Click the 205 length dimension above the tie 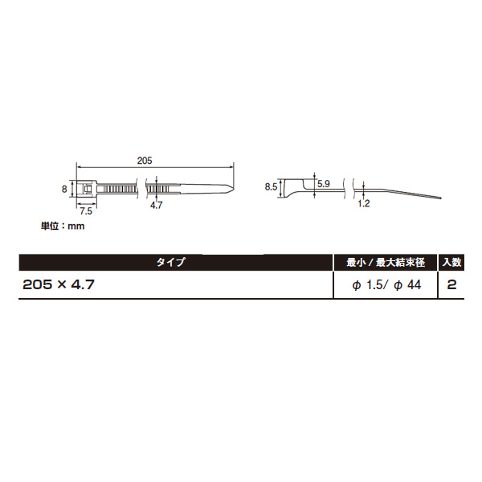[x=145, y=161]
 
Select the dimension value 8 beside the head [x=64, y=189]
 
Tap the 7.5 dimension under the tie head [x=86, y=211]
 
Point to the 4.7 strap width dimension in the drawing [x=156, y=205]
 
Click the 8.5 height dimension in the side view [x=272, y=186]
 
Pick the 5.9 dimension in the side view [x=324, y=184]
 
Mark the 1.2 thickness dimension [x=364, y=203]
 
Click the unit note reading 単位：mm [x=63, y=227]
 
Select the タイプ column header [x=171, y=262]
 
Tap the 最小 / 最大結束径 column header [x=386, y=262]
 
